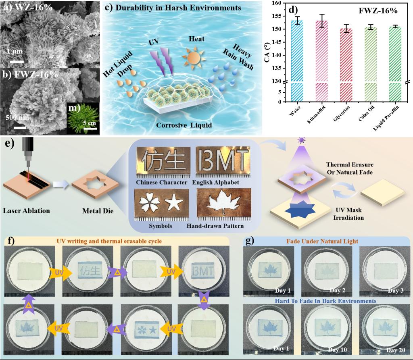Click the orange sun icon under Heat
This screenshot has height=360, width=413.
coord(193,56)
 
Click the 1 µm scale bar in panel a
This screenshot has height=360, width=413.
coord(17,62)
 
